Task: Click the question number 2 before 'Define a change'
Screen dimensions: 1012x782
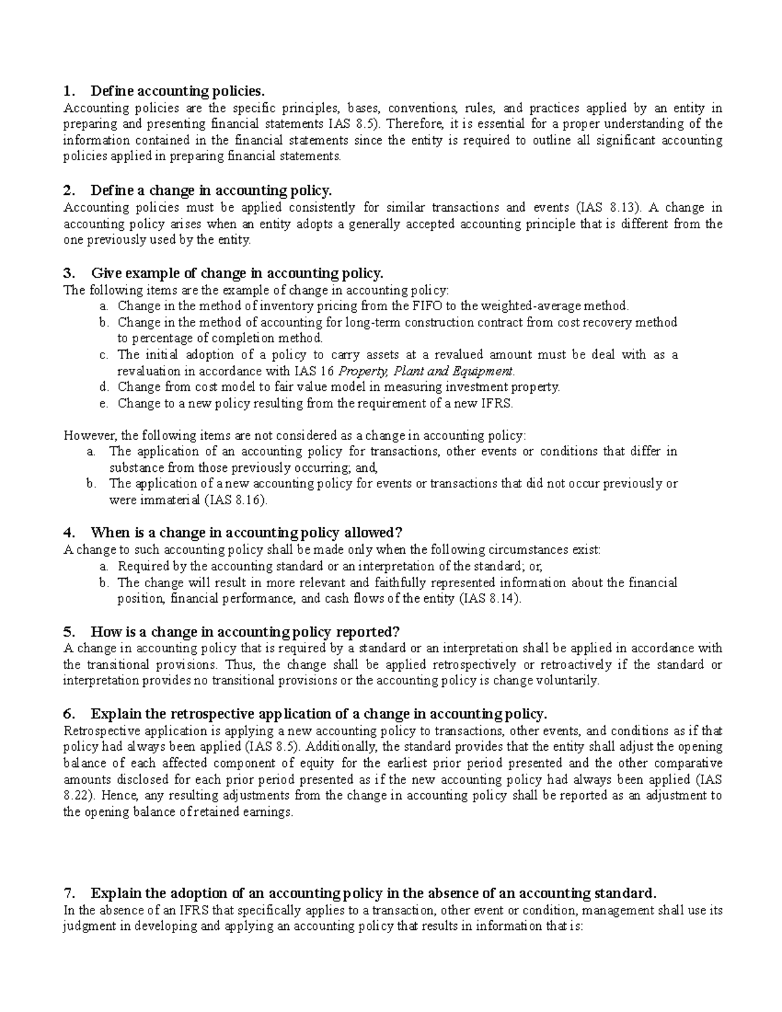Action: [68, 190]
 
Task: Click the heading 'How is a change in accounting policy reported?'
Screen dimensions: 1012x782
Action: [244, 631]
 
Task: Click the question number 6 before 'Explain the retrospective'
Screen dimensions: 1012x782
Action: [68, 714]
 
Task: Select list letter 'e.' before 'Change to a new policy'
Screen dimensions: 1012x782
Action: [103, 403]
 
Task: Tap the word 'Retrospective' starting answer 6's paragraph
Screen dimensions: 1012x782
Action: [98, 730]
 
